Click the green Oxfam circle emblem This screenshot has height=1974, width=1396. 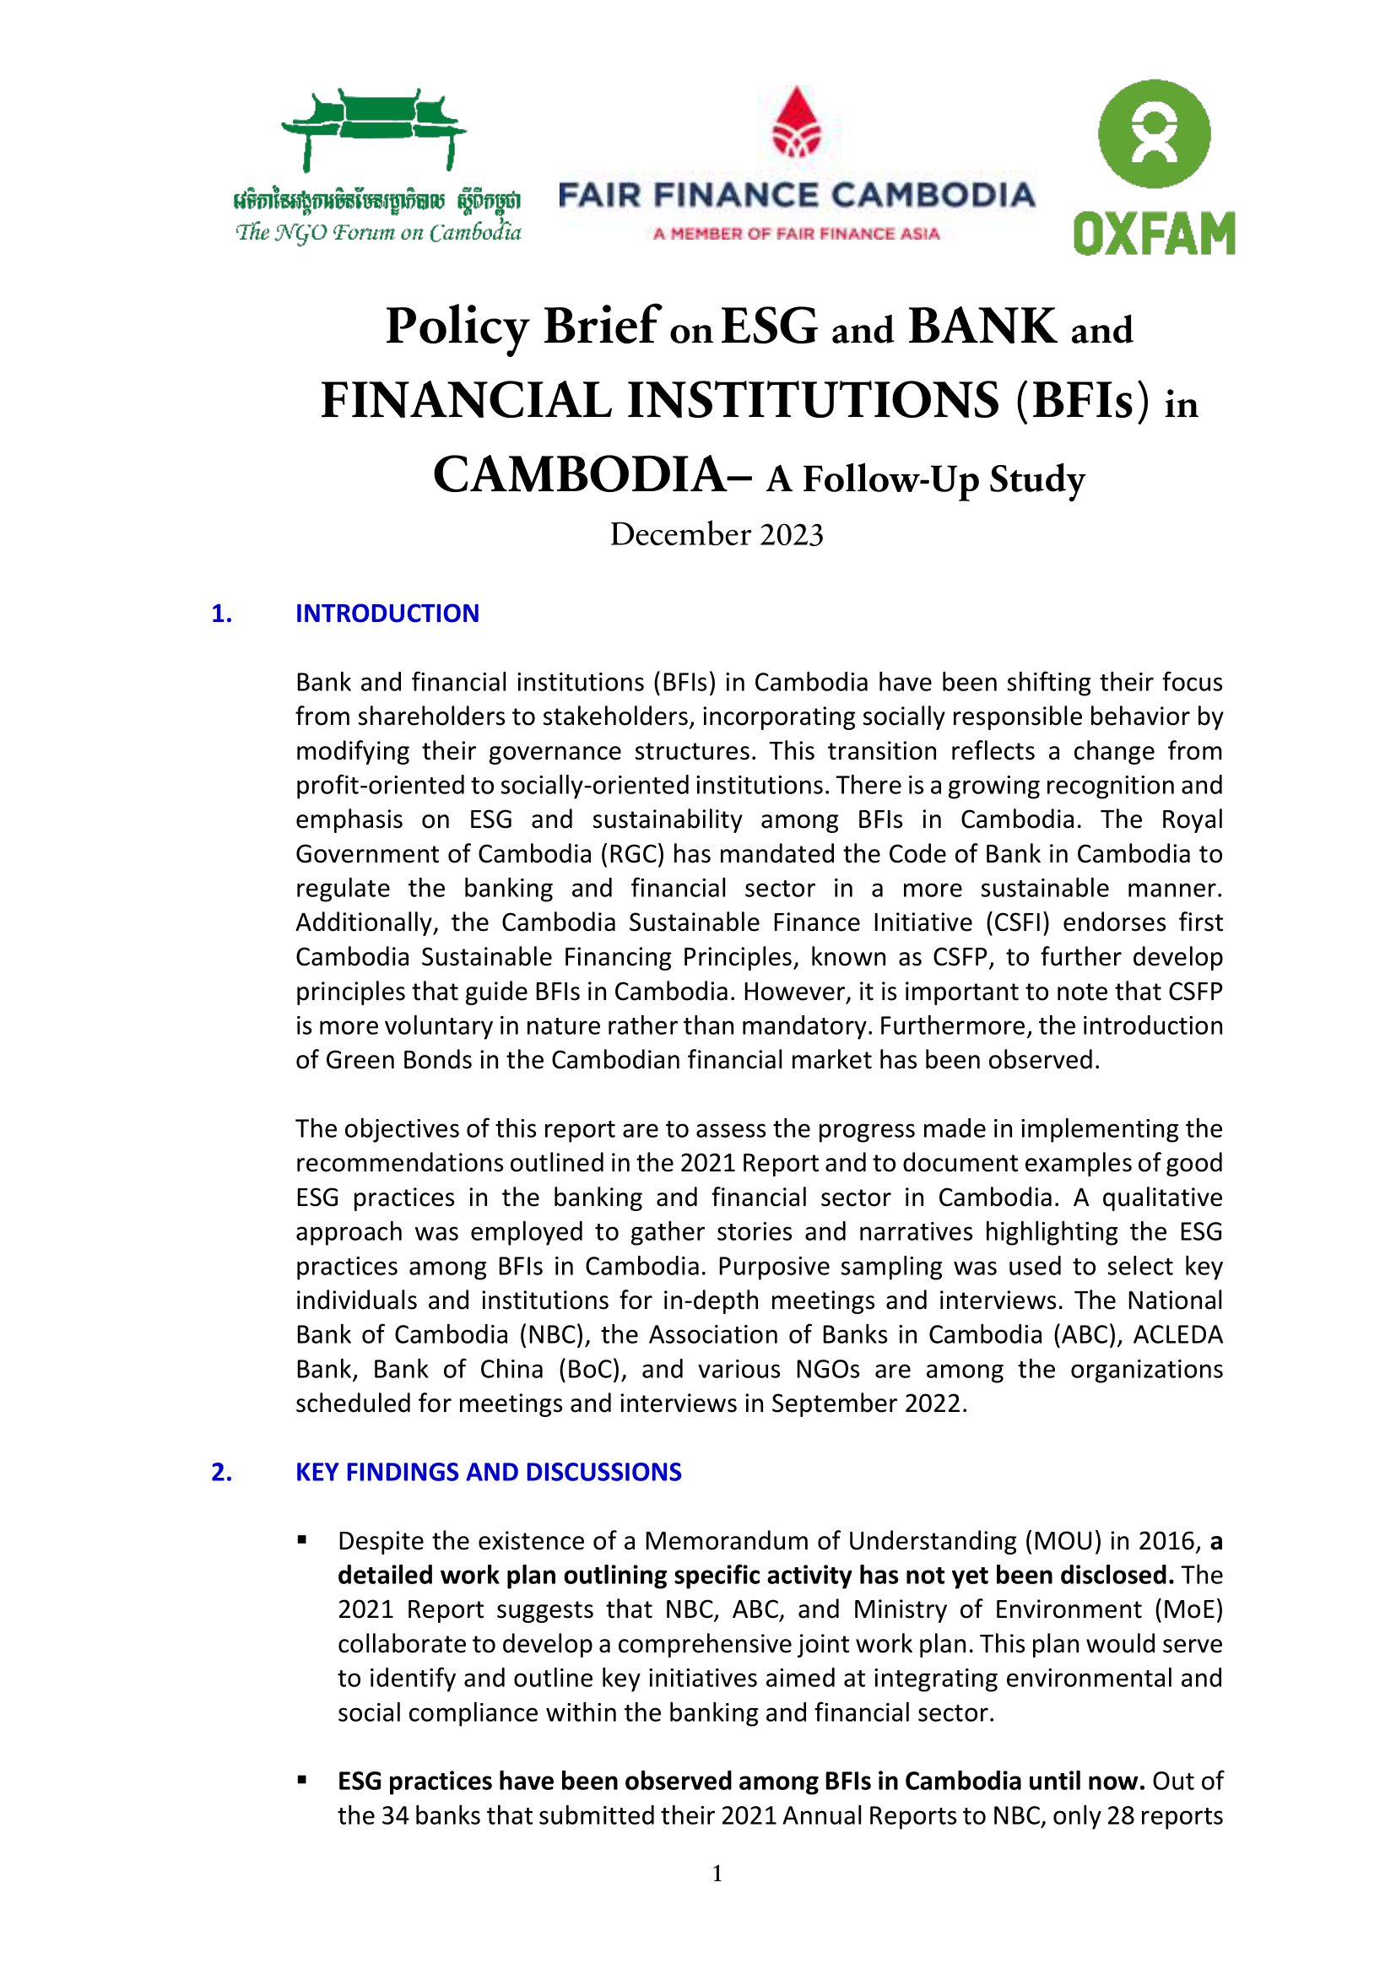pyautogui.click(x=1154, y=134)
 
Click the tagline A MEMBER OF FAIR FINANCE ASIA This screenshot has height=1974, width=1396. pyautogui.click(x=796, y=233)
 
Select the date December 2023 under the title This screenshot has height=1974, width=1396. pyautogui.click(x=716, y=535)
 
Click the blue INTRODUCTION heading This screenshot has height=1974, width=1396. pyautogui.click(x=387, y=613)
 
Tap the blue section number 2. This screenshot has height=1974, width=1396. pyautogui.click(x=221, y=1472)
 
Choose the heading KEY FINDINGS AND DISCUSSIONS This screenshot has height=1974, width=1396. pyautogui.click(x=488, y=1472)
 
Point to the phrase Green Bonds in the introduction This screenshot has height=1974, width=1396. pyautogui.click(x=398, y=1060)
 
